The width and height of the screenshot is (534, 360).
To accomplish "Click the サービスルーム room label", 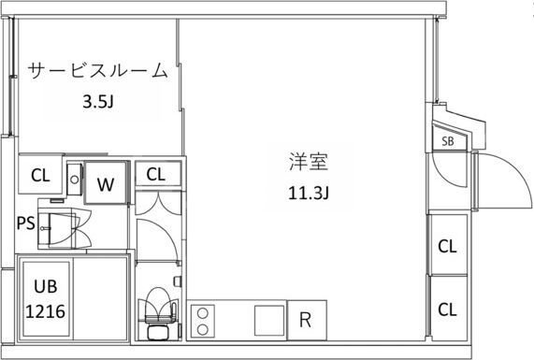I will click(x=96, y=71).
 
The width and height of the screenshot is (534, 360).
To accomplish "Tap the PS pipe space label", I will click(x=27, y=223).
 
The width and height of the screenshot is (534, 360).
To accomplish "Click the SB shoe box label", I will click(x=448, y=142).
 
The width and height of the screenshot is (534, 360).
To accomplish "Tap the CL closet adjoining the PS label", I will click(x=40, y=175).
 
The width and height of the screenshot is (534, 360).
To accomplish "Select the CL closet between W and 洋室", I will click(x=155, y=173).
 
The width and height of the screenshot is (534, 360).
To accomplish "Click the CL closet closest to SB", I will click(x=447, y=247).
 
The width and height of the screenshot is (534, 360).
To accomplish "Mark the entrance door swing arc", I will click(x=502, y=182).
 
